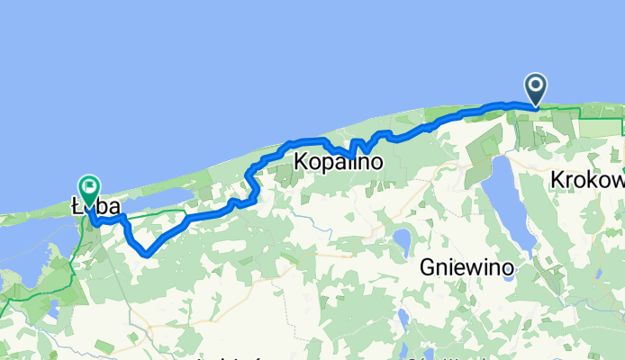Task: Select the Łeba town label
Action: [96, 207]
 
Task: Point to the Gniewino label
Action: [467, 267]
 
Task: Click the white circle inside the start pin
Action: [536, 85]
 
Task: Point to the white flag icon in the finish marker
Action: [90, 186]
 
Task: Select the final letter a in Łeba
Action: [114, 207]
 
